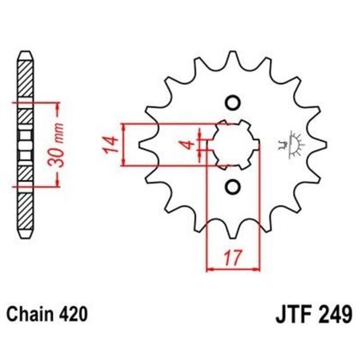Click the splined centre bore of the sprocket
[x=230, y=144]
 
